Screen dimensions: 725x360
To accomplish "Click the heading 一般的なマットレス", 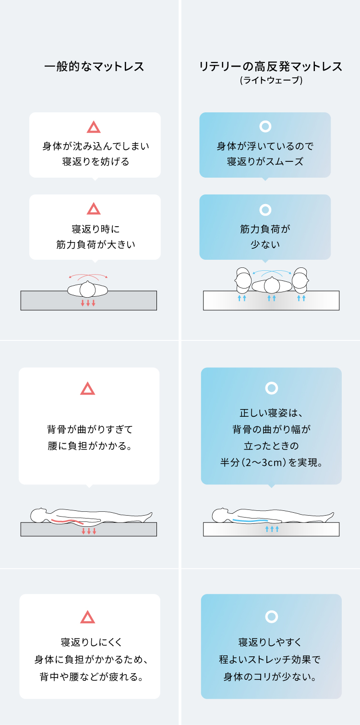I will pyautogui.click(x=94, y=67).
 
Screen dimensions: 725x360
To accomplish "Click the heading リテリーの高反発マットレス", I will pyautogui.click(x=271, y=67).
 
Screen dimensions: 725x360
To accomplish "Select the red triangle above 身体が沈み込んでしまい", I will pyautogui.click(x=94, y=127).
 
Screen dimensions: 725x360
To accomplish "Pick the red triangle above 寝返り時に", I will pyautogui.click(x=94, y=209).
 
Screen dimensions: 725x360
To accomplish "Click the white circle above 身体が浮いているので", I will pyautogui.click(x=265, y=127).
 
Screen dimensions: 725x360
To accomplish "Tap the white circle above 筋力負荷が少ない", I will pyautogui.click(x=265, y=210).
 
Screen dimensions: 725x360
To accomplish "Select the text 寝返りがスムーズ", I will pyautogui.click(x=265, y=162).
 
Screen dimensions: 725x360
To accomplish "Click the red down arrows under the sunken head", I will pyautogui.click(x=88, y=303).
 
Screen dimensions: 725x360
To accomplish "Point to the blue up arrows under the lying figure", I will pyautogui.click(x=272, y=529).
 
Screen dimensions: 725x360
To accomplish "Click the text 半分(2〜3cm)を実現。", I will pyautogui.click(x=271, y=463).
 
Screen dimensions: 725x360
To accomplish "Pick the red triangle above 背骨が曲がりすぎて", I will pyautogui.click(x=88, y=389).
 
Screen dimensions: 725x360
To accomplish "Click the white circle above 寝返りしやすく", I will pyautogui.click(x=271, y=616).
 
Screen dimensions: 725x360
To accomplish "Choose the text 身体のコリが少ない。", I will pyautogui.click(x=271, y=677).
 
